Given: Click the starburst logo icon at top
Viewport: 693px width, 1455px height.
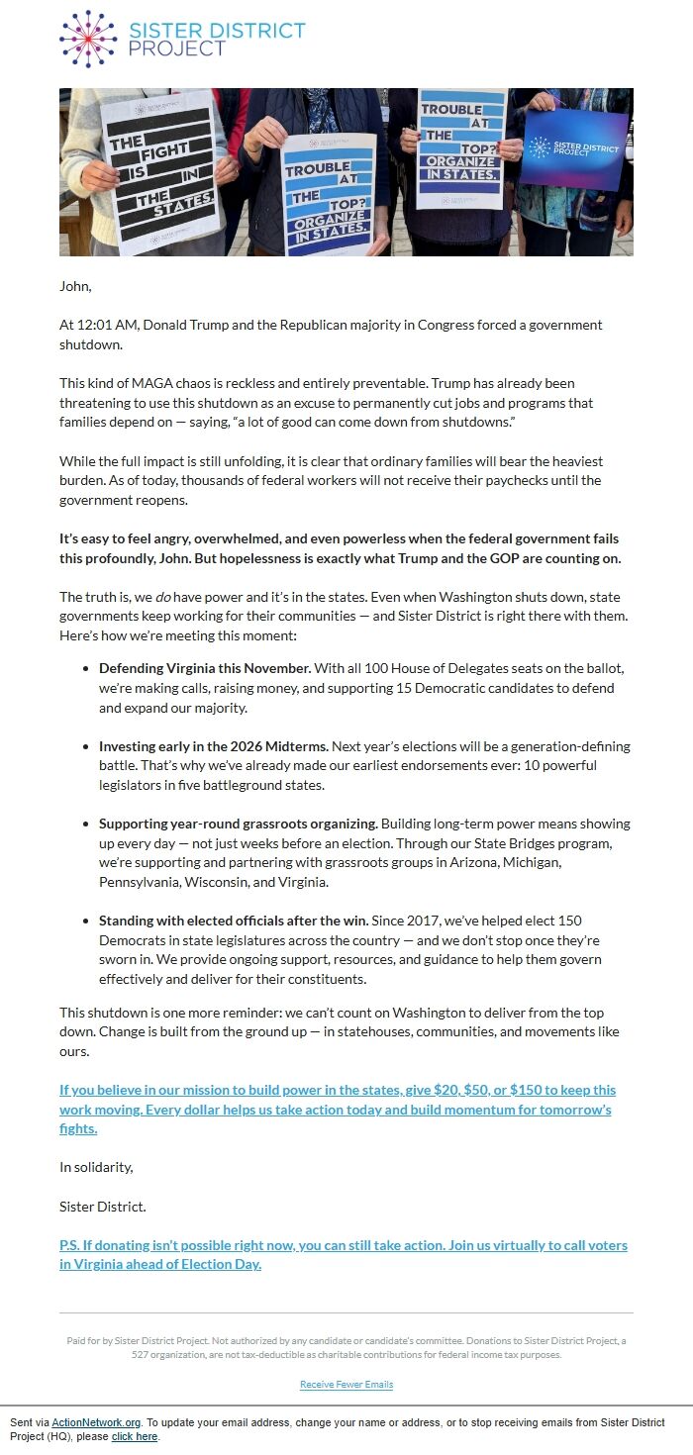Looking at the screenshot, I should (x=88, y=39).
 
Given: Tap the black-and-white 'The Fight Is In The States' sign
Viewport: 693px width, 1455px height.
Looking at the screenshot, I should (x=160, y=170).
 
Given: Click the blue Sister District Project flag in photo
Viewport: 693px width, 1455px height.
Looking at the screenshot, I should (x=574, y=149).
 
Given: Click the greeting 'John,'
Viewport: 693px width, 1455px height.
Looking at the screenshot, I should (x=75, y=287).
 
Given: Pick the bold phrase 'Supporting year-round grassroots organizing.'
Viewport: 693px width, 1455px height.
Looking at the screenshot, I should (x=238, y=824).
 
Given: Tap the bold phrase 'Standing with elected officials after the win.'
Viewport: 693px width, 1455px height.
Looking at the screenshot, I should (x=234, y=921).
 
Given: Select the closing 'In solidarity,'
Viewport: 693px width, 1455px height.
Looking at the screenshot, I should (x=96, y=1167).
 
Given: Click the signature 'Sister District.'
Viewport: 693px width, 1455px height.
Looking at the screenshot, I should (x=103, y=1207).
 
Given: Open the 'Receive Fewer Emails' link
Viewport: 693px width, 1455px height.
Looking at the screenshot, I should (x=346, y=1384).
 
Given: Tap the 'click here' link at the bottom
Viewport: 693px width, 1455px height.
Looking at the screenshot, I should (x=135, y=1436).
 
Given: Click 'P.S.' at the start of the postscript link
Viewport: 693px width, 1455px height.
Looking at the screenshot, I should (x=70, y=1245).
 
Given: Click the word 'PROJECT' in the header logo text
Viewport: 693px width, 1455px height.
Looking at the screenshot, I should (x=177, y=48).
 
